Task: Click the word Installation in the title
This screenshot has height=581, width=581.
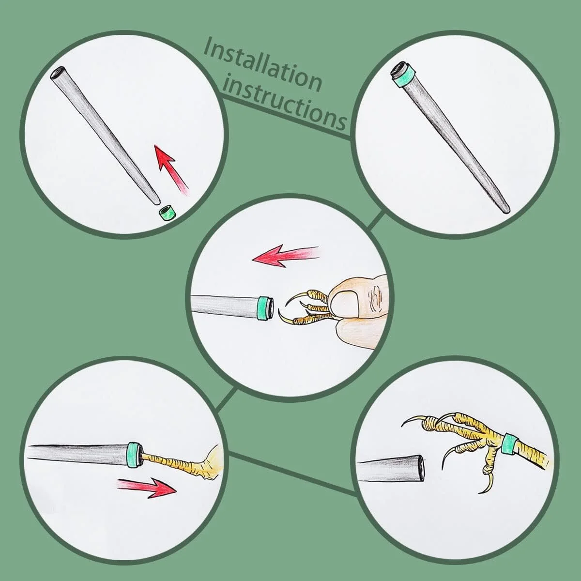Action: [263, 65]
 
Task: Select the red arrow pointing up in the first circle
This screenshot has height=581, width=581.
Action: [171, 170]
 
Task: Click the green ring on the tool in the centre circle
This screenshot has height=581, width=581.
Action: [264, 308]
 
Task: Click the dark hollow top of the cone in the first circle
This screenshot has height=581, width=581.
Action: [58, 73]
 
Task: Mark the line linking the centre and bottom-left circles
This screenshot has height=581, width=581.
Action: [226, 399]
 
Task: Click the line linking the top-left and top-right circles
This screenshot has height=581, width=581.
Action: [285, 117]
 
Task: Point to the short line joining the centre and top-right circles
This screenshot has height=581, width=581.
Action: [376, 220]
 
